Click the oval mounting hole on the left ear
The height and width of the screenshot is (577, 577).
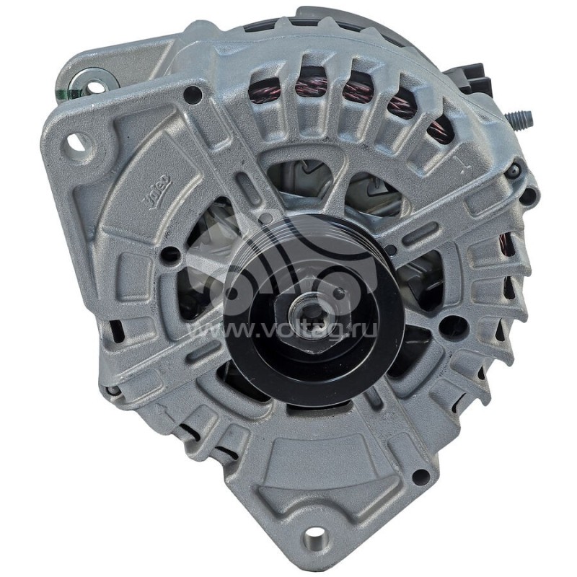click(77, 141)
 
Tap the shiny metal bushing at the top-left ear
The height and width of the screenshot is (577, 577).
click(92, 82)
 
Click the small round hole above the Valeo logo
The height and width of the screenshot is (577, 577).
click(193, 94)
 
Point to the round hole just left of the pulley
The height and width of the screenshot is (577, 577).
click(170, 255)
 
